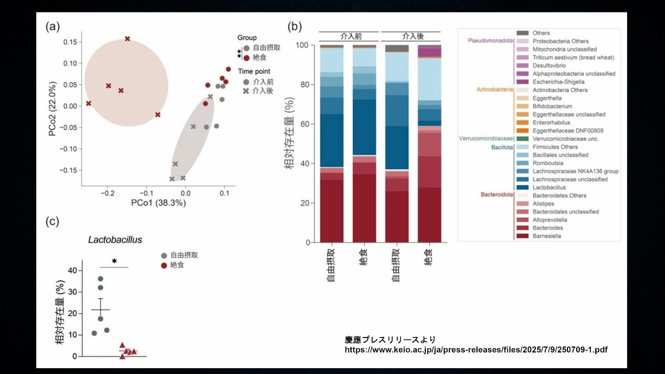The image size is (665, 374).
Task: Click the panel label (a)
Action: click(x=52, y=27)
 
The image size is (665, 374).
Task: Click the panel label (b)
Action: click(x=295, y=27)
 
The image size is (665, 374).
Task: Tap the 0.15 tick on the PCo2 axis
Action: click(x=70, y=42)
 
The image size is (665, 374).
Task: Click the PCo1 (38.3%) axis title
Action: click(x=158, y=203)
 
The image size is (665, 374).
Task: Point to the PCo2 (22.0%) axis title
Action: click(x=52, y=109)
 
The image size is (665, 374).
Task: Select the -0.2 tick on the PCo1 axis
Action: click(x=107, y=193)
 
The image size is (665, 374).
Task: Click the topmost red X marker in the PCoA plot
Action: click(x=128, y=39)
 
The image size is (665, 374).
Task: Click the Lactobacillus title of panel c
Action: click(x=115, y=240)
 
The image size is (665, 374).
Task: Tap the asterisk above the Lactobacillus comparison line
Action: click(x=114, y=261)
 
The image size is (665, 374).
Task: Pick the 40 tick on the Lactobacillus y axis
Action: click(x=72, y=271)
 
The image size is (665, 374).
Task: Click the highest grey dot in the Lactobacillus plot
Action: click(x=100, y=279)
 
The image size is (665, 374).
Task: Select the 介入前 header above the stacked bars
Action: click(x=351, y=36)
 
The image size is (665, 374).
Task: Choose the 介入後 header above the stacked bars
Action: click(x=413, y=36)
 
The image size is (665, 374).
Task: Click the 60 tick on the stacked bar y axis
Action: click(x=305, y=124)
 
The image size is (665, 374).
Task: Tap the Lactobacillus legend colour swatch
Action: click(x=522, y=187)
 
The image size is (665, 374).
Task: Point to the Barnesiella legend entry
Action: click(x=547, y=236)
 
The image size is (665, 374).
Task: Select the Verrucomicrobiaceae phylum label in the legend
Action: click(x=485, y=138)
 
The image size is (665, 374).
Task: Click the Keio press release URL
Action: click(x=476, y=349)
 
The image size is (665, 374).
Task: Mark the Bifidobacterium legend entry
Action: click(x=552, y=106)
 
